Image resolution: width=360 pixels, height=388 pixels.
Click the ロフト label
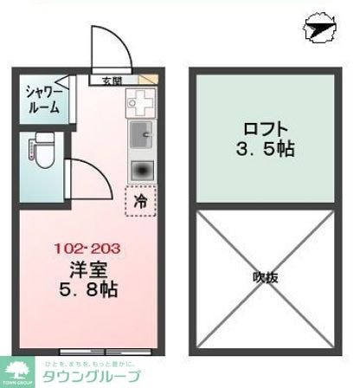point(262,126)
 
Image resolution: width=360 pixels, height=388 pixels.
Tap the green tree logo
point(16,369)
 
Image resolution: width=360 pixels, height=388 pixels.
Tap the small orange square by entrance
point(152,81)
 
